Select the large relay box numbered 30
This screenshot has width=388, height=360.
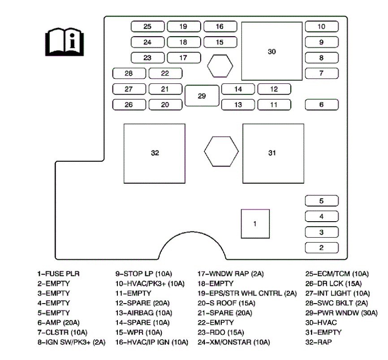pos(272,51)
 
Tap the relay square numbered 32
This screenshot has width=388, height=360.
pos(155,153)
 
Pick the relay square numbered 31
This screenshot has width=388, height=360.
pos(272,153)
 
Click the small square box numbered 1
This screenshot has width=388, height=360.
pos(255,223)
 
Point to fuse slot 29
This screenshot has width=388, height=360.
pos(202,96)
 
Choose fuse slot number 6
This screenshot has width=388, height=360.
pos(321,105)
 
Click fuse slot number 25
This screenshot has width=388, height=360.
pos(147,26)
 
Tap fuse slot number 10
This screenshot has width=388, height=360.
pos(321,26)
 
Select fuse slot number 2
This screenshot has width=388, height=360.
pos(321,247)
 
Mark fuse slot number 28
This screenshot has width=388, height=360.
pos(129,73)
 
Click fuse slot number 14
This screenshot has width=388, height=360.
pos(238,89)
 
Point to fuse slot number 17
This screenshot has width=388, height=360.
pos(183,58)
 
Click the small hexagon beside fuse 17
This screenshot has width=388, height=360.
pos(220,66)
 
